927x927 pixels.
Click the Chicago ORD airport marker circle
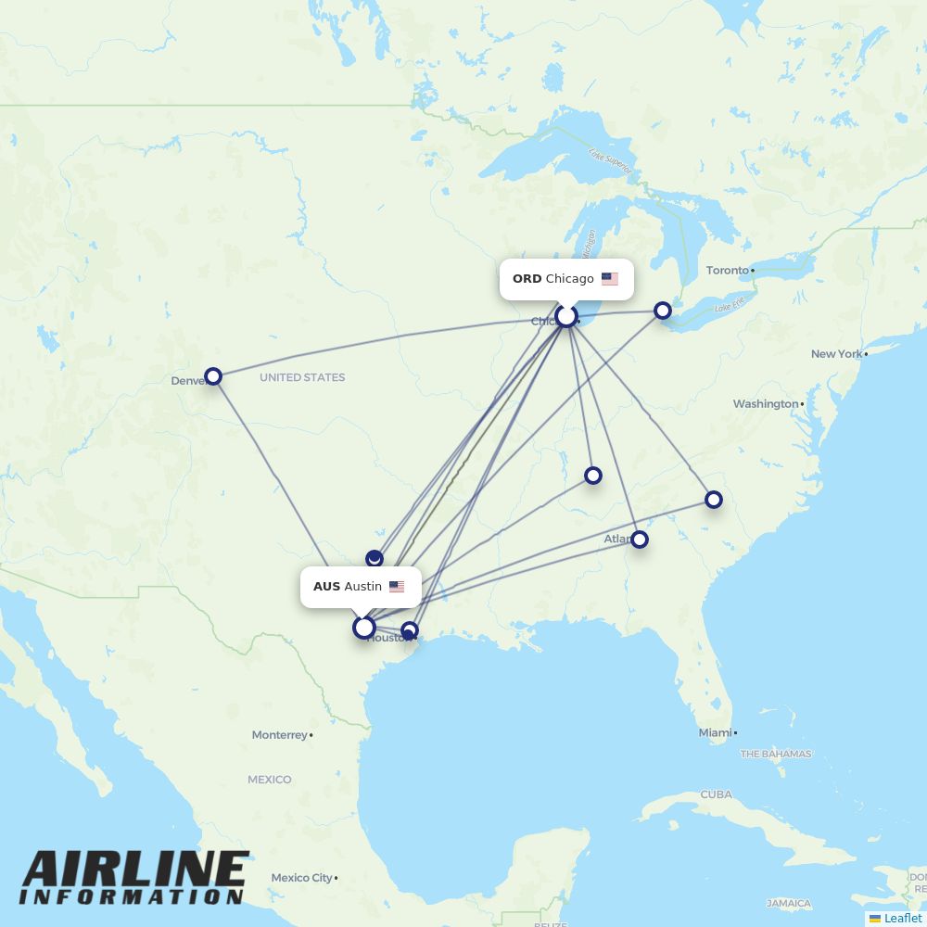566,316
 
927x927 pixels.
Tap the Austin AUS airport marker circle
364,628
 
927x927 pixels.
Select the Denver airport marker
213,375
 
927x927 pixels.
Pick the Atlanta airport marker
639,540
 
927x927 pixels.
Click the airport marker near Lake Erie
663,311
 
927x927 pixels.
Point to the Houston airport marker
409,630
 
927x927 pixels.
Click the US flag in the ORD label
609,279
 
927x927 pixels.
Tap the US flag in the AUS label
397,587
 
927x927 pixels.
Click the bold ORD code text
527,279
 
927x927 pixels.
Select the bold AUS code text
326,587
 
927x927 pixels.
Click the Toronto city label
728,270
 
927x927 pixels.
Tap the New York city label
836,353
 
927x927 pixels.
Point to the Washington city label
765,403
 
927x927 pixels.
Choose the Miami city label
715,732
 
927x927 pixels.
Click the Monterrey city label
279,734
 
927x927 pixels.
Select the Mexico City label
301,877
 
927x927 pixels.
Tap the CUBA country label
716,794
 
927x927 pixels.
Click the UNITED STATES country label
302,377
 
